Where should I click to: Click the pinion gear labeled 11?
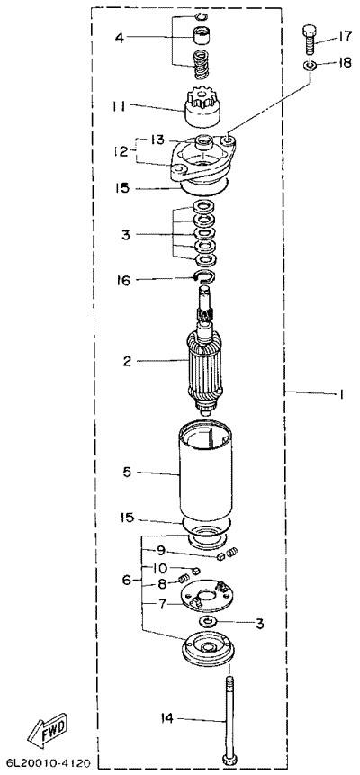202,107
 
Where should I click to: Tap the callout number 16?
123,280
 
